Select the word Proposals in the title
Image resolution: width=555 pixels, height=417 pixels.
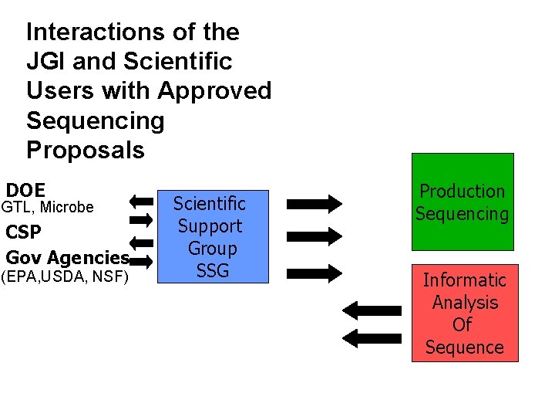tap(86, 150)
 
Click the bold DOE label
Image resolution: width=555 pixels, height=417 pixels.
tap(25, 190)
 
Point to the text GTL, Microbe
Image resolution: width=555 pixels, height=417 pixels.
tap(48, 207)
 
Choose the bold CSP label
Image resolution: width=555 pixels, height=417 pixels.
tap(24, 232)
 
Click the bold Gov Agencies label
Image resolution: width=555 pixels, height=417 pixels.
tap(66, 257)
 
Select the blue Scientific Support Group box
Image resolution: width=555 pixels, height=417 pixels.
tap(212, 236)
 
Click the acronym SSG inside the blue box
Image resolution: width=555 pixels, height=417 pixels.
tap(212, 271)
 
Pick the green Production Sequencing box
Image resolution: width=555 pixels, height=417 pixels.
tap(462, 202)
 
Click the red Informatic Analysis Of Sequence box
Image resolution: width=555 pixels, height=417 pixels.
tap(464, 313)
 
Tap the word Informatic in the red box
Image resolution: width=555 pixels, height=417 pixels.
tap(464, 280)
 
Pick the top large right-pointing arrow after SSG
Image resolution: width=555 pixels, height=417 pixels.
tap(314, 204)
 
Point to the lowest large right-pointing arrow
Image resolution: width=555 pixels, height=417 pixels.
tap(314, 271)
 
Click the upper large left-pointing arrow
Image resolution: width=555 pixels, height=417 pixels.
tap(371, 310)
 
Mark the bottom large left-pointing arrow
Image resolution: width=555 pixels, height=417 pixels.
tap(371, 338)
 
